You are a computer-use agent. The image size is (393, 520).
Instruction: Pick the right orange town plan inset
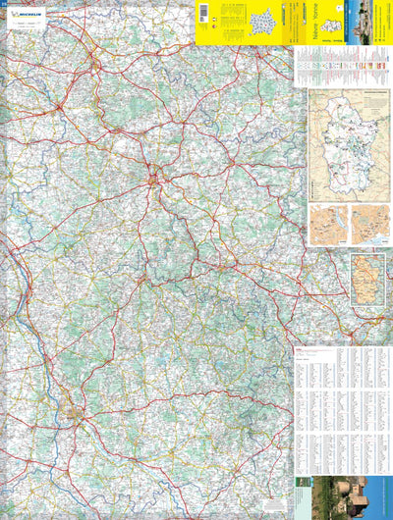(370, 225)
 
